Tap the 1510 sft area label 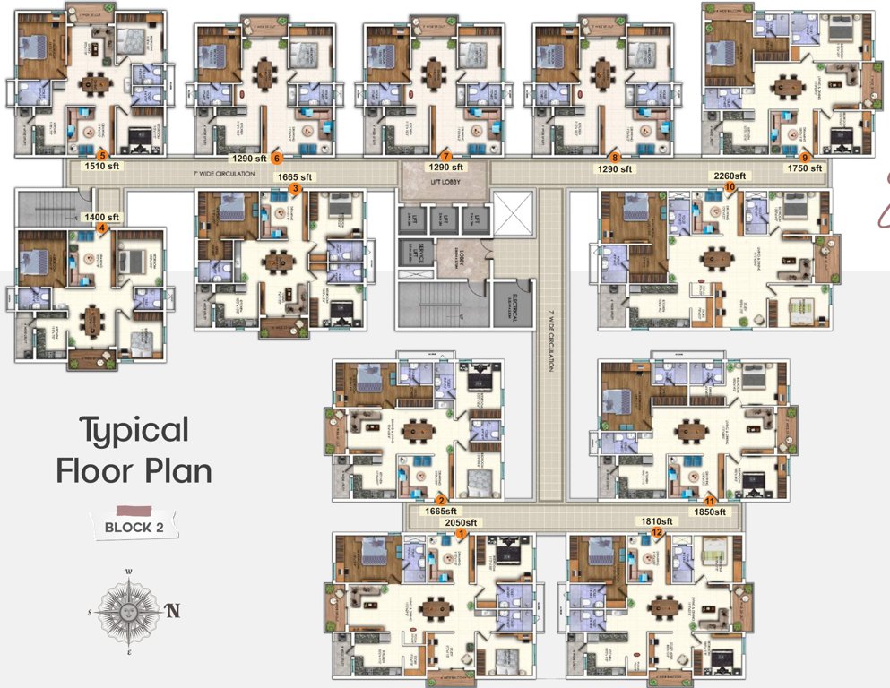click(101, 167)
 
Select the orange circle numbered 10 click(730, 186)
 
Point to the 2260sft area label click(729, 176)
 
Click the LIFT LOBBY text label click(445, 180)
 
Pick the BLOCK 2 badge click(134, 527)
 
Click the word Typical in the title click(134, 431)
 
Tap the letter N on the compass click(172, 611)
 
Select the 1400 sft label click(100, 218)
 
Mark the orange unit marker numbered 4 click(102, 228)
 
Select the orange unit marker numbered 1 click(461, 533)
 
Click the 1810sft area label click(656, 521)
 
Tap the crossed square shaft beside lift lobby click(513, 214)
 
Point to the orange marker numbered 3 click(295, 187)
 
